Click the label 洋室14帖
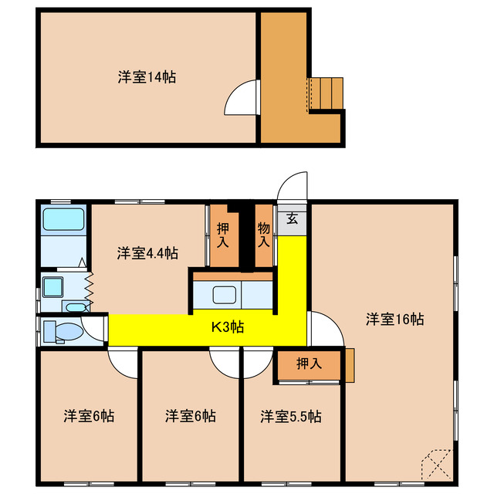tap(146, 77)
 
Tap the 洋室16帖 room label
tap(394, 318)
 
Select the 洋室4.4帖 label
tap(147, 252)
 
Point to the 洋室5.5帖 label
tap(290, 416)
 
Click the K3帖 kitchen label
tap(228, 327)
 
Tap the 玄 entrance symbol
tap(293, 218)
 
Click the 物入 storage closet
tap(263, 235)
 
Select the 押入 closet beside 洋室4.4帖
tap(223, 235)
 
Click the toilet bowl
tap(66, 333)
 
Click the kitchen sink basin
tap(225, 295)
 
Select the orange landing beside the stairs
tap(283, 77)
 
